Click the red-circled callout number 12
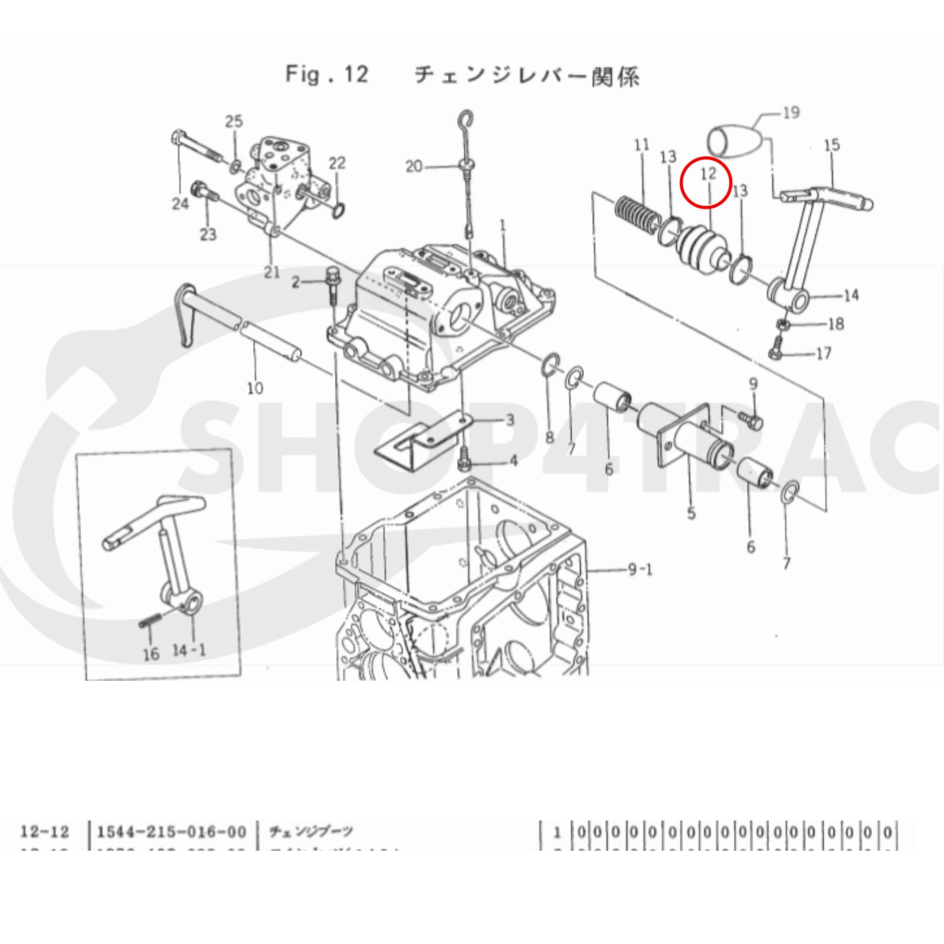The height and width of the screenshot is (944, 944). [707, 175]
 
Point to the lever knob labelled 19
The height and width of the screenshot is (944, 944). [732, 140]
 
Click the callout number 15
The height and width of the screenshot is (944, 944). [831, 145]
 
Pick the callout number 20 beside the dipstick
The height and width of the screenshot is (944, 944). [414, 167]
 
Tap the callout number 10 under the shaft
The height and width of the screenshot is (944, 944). [255, 388]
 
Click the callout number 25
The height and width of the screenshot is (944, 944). [234, 122]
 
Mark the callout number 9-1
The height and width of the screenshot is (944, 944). [639, 571]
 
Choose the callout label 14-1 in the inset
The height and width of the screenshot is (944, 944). [189, 650]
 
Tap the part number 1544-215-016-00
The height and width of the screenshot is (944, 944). [171, 832]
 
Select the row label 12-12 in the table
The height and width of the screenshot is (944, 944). [45, 832]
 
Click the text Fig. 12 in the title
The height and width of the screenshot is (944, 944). [327, 75]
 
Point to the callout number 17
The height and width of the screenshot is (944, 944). [823, 353]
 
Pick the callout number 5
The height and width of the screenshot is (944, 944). [691, 513]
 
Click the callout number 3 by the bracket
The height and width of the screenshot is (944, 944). [509, 421]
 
